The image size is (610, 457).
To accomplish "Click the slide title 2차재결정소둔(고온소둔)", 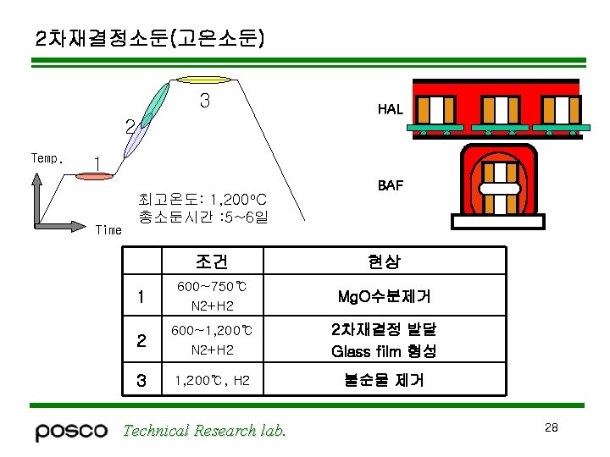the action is [150, 38].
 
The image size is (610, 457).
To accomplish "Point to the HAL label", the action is [390, 109].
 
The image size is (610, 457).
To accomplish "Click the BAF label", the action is [390, 184].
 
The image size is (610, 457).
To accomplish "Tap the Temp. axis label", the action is [46, 158].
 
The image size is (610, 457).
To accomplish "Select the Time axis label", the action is [108, 229].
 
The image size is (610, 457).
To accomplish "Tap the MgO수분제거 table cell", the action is [384, 296].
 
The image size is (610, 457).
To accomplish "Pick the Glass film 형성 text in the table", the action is [384, 350].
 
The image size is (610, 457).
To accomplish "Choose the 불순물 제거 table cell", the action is [384, 381].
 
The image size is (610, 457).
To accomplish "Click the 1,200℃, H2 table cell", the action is [212, 381].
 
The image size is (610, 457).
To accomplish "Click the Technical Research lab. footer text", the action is [204, 431].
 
